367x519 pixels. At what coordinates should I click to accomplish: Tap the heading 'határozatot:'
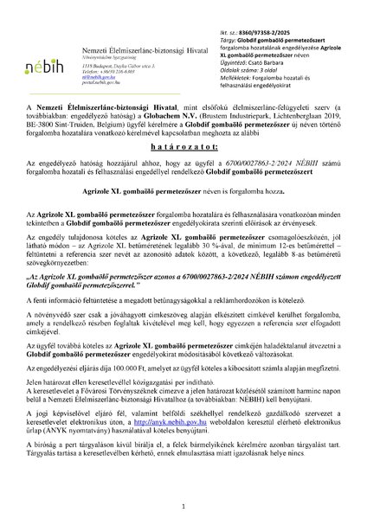(183, 151)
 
